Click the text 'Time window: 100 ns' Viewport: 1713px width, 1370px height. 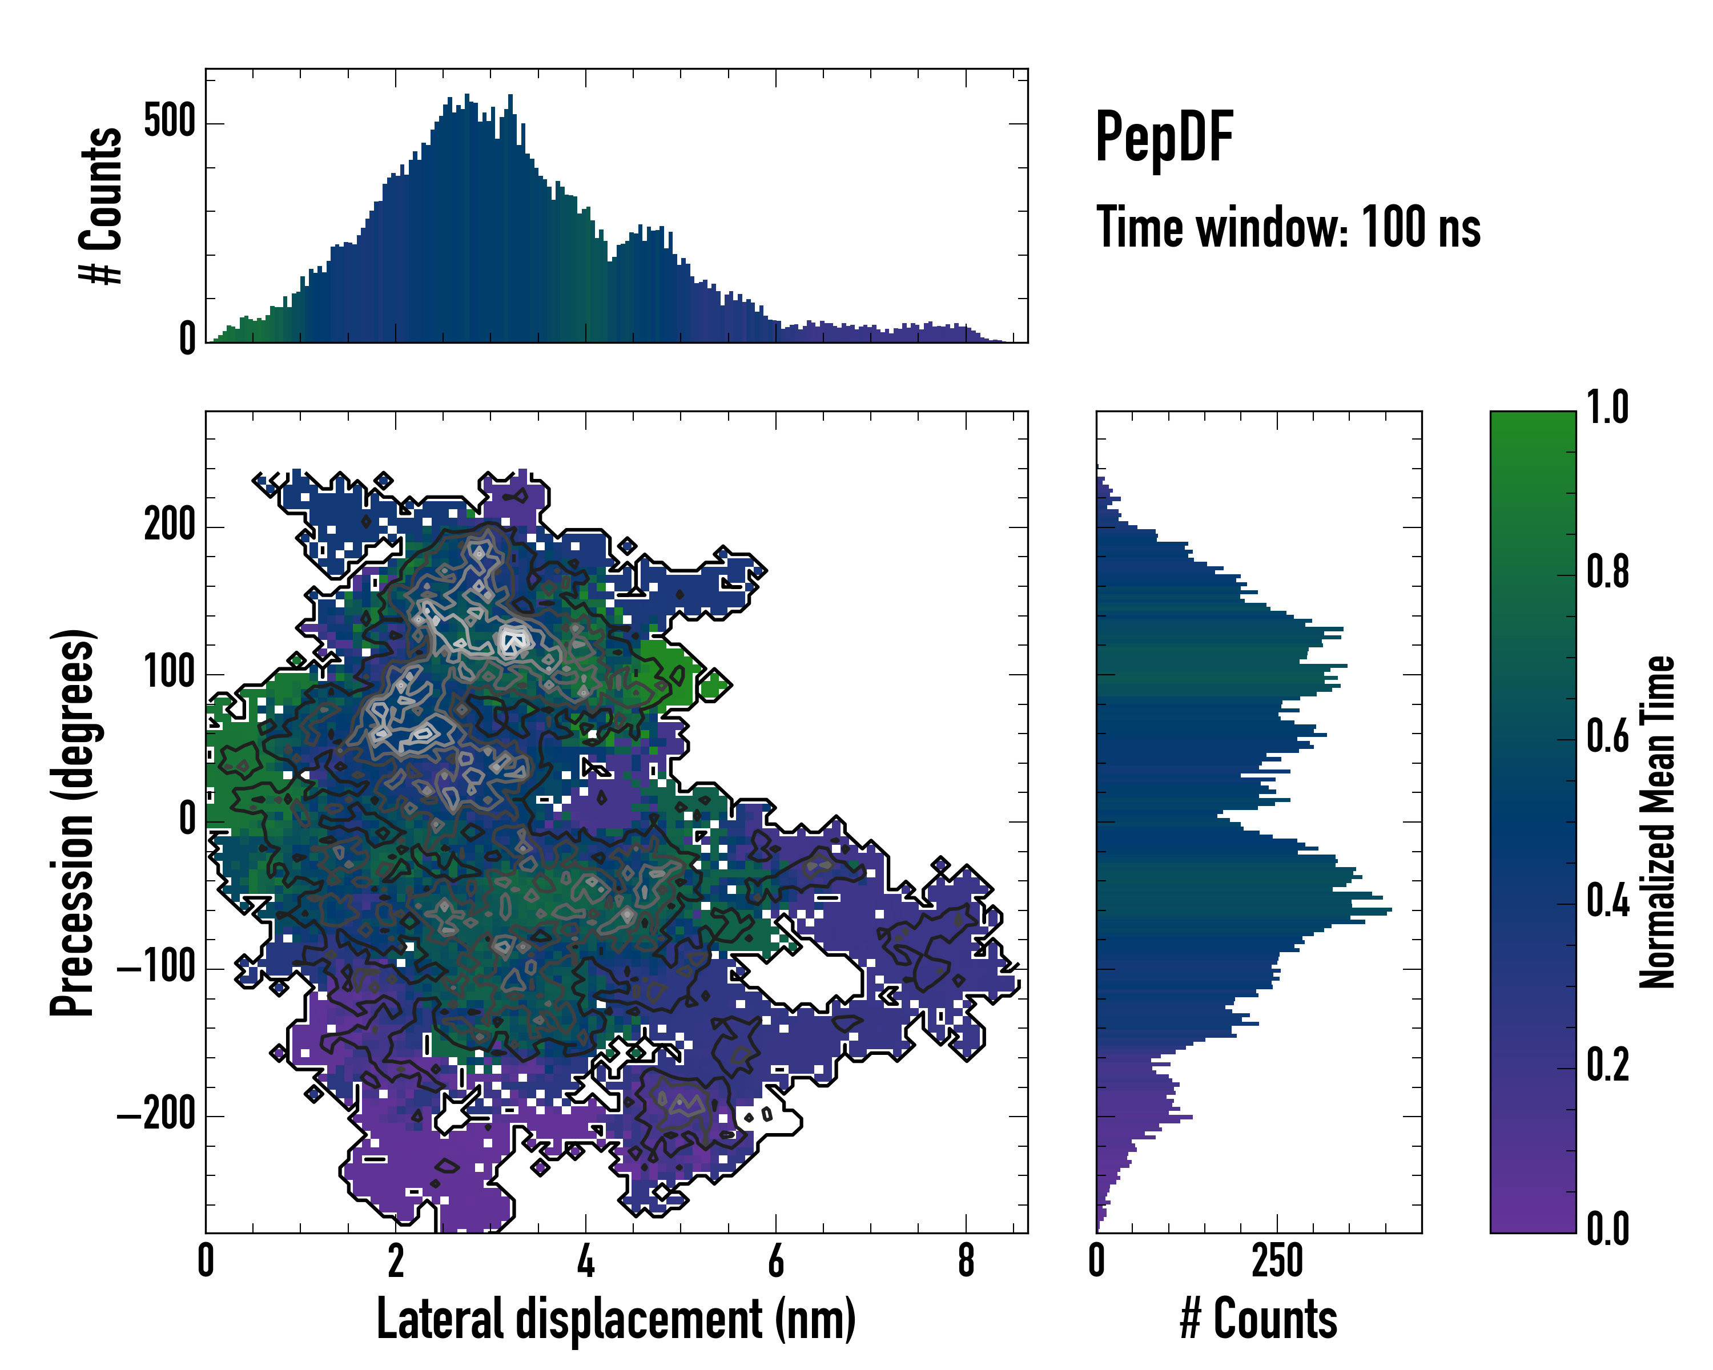(x=1288, y=228)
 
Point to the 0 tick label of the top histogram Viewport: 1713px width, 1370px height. (x=187, y=340)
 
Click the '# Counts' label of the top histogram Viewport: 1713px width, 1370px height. (x=102, y=205)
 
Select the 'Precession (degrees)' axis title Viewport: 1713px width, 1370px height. (x=73, y=822)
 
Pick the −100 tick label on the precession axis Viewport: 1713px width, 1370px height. (x=156, y=968)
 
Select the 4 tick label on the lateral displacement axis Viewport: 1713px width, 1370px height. (x=586, y=1261)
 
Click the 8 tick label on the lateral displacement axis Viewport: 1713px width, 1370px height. (x=966, y=1261)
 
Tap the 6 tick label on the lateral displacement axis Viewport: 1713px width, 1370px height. (x=775, y=1261)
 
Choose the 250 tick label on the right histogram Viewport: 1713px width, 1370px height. (x=1277, y=1261)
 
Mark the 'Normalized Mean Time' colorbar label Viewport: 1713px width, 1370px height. (x=1658, y=822)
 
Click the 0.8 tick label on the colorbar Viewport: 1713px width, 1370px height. (x=1607, y=572)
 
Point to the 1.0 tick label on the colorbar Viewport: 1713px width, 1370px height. (x=1607, y=408)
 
